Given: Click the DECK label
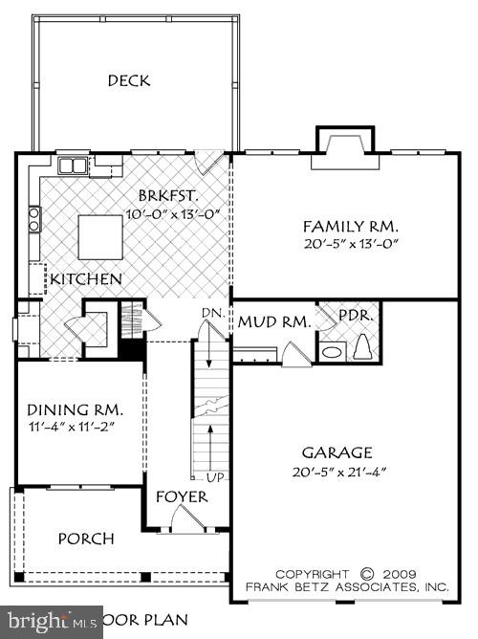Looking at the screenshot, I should click(128, 80).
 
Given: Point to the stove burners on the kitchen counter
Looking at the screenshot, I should click(34, 220).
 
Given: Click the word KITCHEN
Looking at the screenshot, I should click(86, 279).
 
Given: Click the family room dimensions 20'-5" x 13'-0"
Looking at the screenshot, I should click(350, 244).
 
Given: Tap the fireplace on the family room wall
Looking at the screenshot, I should click(338, 143).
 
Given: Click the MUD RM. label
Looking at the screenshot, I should click(274, 322).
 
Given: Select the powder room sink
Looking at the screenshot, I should click(332, 352).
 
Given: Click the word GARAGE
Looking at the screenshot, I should click(337, 452).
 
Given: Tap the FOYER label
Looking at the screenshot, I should click(177, 497).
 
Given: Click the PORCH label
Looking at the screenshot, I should click(86, 539).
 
